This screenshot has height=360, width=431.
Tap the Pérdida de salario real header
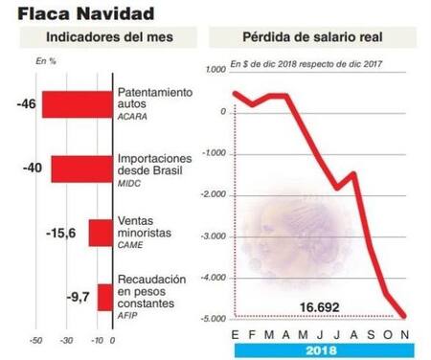tap(317, 37)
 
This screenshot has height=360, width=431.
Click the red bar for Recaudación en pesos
tap(104, 298)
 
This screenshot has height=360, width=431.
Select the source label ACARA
tap(132, 117)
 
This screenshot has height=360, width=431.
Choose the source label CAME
tap(130, 246)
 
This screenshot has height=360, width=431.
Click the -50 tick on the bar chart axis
tap(36, 340)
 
